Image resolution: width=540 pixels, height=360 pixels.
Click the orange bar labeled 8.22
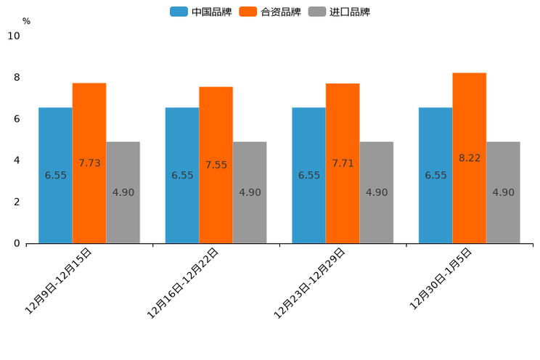(469, 157)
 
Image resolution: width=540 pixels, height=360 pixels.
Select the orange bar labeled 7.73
(89, 163)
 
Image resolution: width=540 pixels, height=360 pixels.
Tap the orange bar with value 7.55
(216, 165)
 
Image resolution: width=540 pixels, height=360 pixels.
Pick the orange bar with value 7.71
(343, 163)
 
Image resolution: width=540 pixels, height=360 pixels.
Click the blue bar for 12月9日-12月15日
(55, 175)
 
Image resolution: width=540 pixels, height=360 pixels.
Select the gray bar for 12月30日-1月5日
(503, 192)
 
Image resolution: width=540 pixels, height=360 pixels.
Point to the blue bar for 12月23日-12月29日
(308, 175)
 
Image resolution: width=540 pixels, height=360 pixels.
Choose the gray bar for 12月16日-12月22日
(250, 192)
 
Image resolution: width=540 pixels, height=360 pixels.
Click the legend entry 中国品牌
(201, 12)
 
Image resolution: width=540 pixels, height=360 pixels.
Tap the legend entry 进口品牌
(339, 12)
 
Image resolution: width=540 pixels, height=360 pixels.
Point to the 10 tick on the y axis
(14, 36)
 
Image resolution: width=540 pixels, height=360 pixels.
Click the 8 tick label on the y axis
(17, 78)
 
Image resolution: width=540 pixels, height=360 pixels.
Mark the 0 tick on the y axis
(17, 243)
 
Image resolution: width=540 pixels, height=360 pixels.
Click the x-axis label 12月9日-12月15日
(59, 280)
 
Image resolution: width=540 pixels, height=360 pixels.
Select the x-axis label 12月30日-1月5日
(441, 278)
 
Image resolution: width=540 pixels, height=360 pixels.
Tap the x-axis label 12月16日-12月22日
(183, 282)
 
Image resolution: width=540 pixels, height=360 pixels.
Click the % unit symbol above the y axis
(26, 21)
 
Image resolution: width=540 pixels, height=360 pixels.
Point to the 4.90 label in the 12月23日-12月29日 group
(377, 192)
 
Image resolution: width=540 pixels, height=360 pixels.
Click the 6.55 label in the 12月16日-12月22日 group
(182, 175)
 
